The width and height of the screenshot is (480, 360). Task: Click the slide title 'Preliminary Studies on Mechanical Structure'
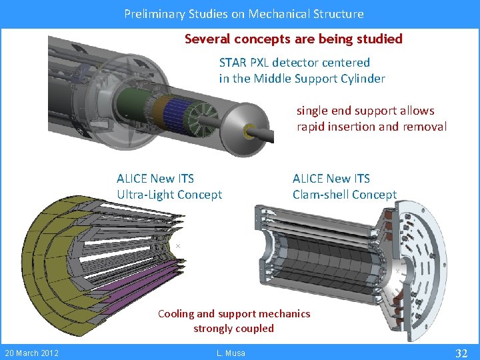244,13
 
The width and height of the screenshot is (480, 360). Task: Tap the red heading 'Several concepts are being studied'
293,39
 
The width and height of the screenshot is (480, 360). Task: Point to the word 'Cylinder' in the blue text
362,79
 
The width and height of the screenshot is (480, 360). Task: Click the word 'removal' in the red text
425,127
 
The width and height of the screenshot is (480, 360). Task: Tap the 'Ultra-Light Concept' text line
169,195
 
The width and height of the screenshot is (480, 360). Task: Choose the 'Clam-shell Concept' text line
345,195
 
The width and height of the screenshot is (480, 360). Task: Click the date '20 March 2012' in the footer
32,353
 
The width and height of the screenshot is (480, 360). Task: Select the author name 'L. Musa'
231,353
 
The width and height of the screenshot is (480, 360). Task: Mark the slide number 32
461,353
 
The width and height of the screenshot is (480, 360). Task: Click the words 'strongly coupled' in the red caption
233,328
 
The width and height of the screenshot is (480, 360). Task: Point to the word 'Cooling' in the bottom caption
177,313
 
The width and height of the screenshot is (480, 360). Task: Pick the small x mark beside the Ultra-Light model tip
178,247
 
